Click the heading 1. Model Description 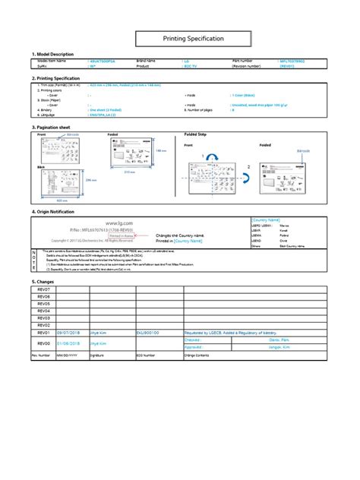coord(53,55)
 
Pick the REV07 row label coord(43,290)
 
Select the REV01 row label coord(43,332)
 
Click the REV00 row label coord(43,343)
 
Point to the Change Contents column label coord(201,355)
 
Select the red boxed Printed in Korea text coord(120,235)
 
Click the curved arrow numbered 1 coord(209,157)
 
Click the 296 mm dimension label coord(90,180)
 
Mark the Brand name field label coord(146,60)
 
